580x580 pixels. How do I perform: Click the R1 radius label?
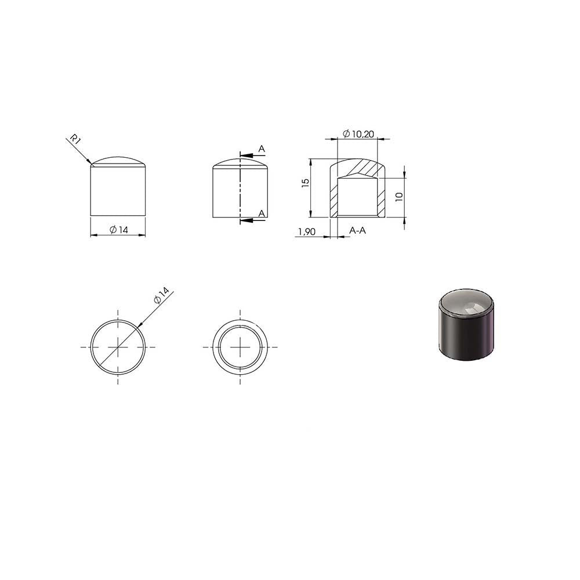[75, 139]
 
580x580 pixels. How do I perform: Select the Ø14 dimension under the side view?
[119, 230]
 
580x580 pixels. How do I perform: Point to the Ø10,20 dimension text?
[358, 134]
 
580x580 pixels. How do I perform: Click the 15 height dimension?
[305, 183]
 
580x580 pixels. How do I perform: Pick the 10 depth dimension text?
[399, 197]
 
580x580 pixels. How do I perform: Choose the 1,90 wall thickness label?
[307, 232]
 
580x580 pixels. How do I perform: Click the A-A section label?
[357, 230]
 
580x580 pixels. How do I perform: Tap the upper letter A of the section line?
[262, 149]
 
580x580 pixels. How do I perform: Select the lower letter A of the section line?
[262, 213]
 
